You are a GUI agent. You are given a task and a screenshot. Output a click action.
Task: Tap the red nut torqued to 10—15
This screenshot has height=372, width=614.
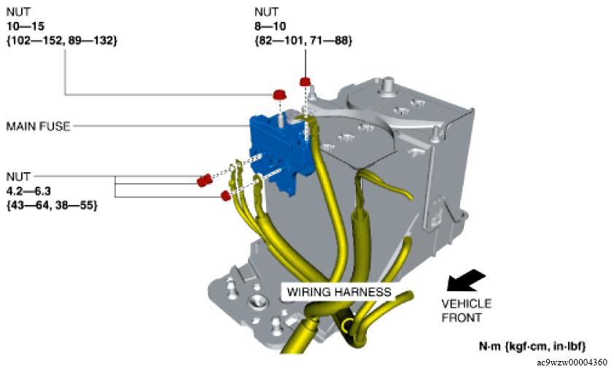(279, 95)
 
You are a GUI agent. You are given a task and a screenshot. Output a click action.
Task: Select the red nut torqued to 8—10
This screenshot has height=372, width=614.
(305, 81)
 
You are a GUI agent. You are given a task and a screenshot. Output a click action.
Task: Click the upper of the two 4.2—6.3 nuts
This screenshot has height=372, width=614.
(204, 179)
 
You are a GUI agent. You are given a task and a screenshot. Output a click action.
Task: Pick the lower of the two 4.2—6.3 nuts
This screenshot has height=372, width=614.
(225, 196)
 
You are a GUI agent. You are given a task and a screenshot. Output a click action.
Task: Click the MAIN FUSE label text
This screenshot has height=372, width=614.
(38, 126)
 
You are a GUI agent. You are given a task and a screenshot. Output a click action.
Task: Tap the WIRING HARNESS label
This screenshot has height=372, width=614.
(338, 292)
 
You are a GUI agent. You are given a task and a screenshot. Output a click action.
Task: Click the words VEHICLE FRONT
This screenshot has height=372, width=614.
(467, 310)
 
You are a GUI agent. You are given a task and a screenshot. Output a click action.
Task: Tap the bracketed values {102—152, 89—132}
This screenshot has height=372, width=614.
(61, 40)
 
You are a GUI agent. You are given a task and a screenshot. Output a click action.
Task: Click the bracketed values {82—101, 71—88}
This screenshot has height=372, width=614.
(303, 40)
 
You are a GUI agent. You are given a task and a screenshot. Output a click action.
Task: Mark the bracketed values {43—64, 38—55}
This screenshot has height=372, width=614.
(51, 206)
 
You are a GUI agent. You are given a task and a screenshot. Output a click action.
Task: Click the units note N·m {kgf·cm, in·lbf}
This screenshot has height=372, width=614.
(532, 345)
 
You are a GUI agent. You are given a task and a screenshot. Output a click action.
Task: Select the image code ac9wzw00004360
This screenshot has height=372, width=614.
(572, 362)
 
